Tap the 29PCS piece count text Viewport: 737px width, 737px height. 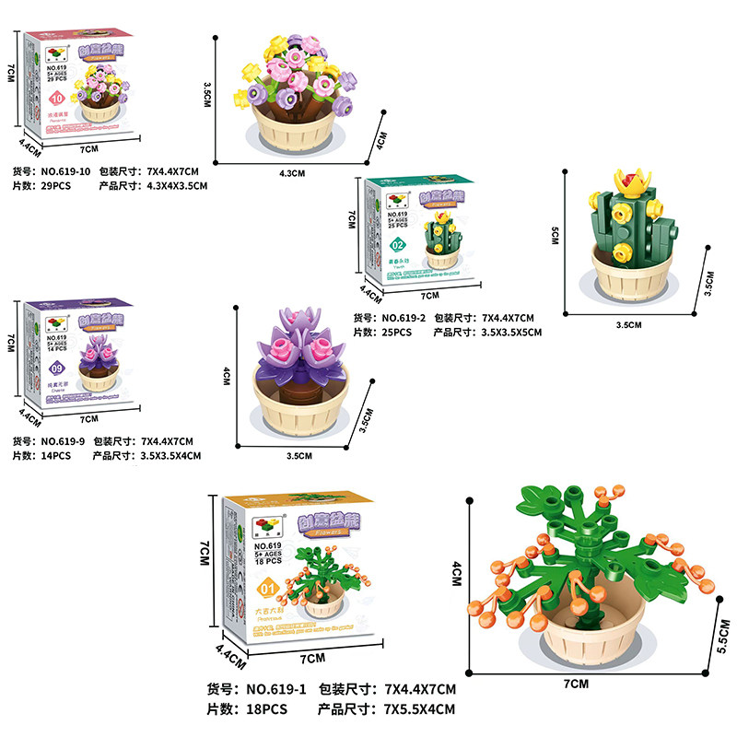click(54, 185)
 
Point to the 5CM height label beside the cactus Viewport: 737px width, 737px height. click(555, 237)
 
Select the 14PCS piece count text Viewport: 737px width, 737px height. click(54, 455)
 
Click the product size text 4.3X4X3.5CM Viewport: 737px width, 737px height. click(179, 185)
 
